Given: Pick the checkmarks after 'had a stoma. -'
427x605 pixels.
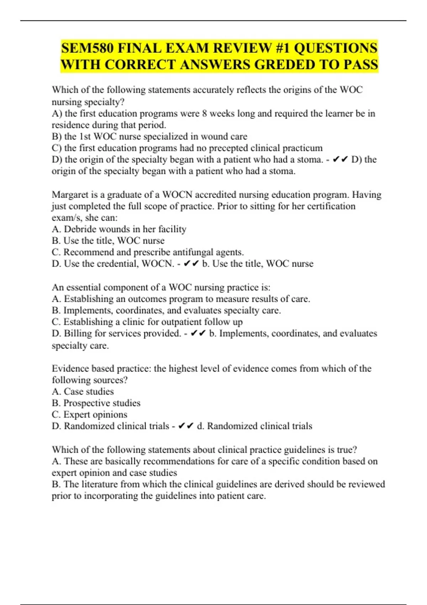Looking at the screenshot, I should [x=340, y=159].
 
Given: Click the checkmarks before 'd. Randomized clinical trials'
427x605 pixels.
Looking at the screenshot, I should [x=186, y=426].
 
